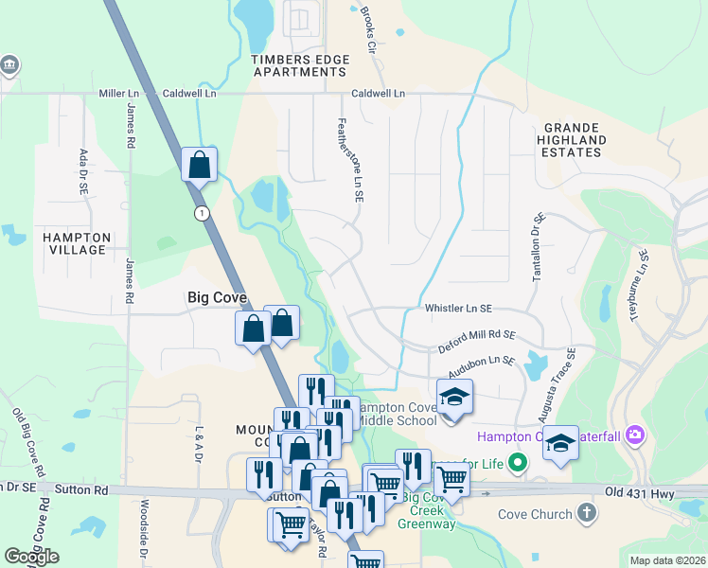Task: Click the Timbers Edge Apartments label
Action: click(x=300, y=65)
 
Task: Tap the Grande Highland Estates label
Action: click(x=573, y=139)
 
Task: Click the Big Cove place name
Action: click(x=217, y=297)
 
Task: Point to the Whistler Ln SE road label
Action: click(x=458, y=309)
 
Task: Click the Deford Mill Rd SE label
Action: click(x=477, y=342)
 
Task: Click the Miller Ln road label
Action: click(x=119, y=94)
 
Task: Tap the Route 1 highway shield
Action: click(x=201, y=214)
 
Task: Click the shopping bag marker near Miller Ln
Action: click(x=200, y=165)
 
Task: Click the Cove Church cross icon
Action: click(x=587, y=513)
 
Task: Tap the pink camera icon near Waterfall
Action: click(x=635, y=435)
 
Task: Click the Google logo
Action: click(x=31, y=557)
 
